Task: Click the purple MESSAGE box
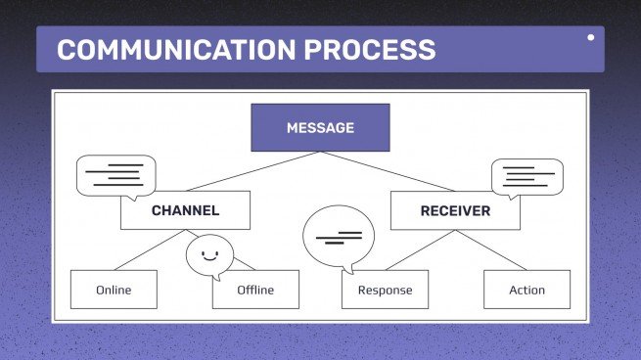point(320,127)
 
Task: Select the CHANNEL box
point(185,210)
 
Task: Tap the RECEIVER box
point(455,210)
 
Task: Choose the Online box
point(114,290)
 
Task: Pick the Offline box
point(255,290)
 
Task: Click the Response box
point(385,290)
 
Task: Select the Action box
point(527,290)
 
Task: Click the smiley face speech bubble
point(209,256)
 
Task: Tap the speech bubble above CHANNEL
point(115,176)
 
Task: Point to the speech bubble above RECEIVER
point(528,177)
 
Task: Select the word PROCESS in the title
point(375,49)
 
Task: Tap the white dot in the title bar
point(590,38)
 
